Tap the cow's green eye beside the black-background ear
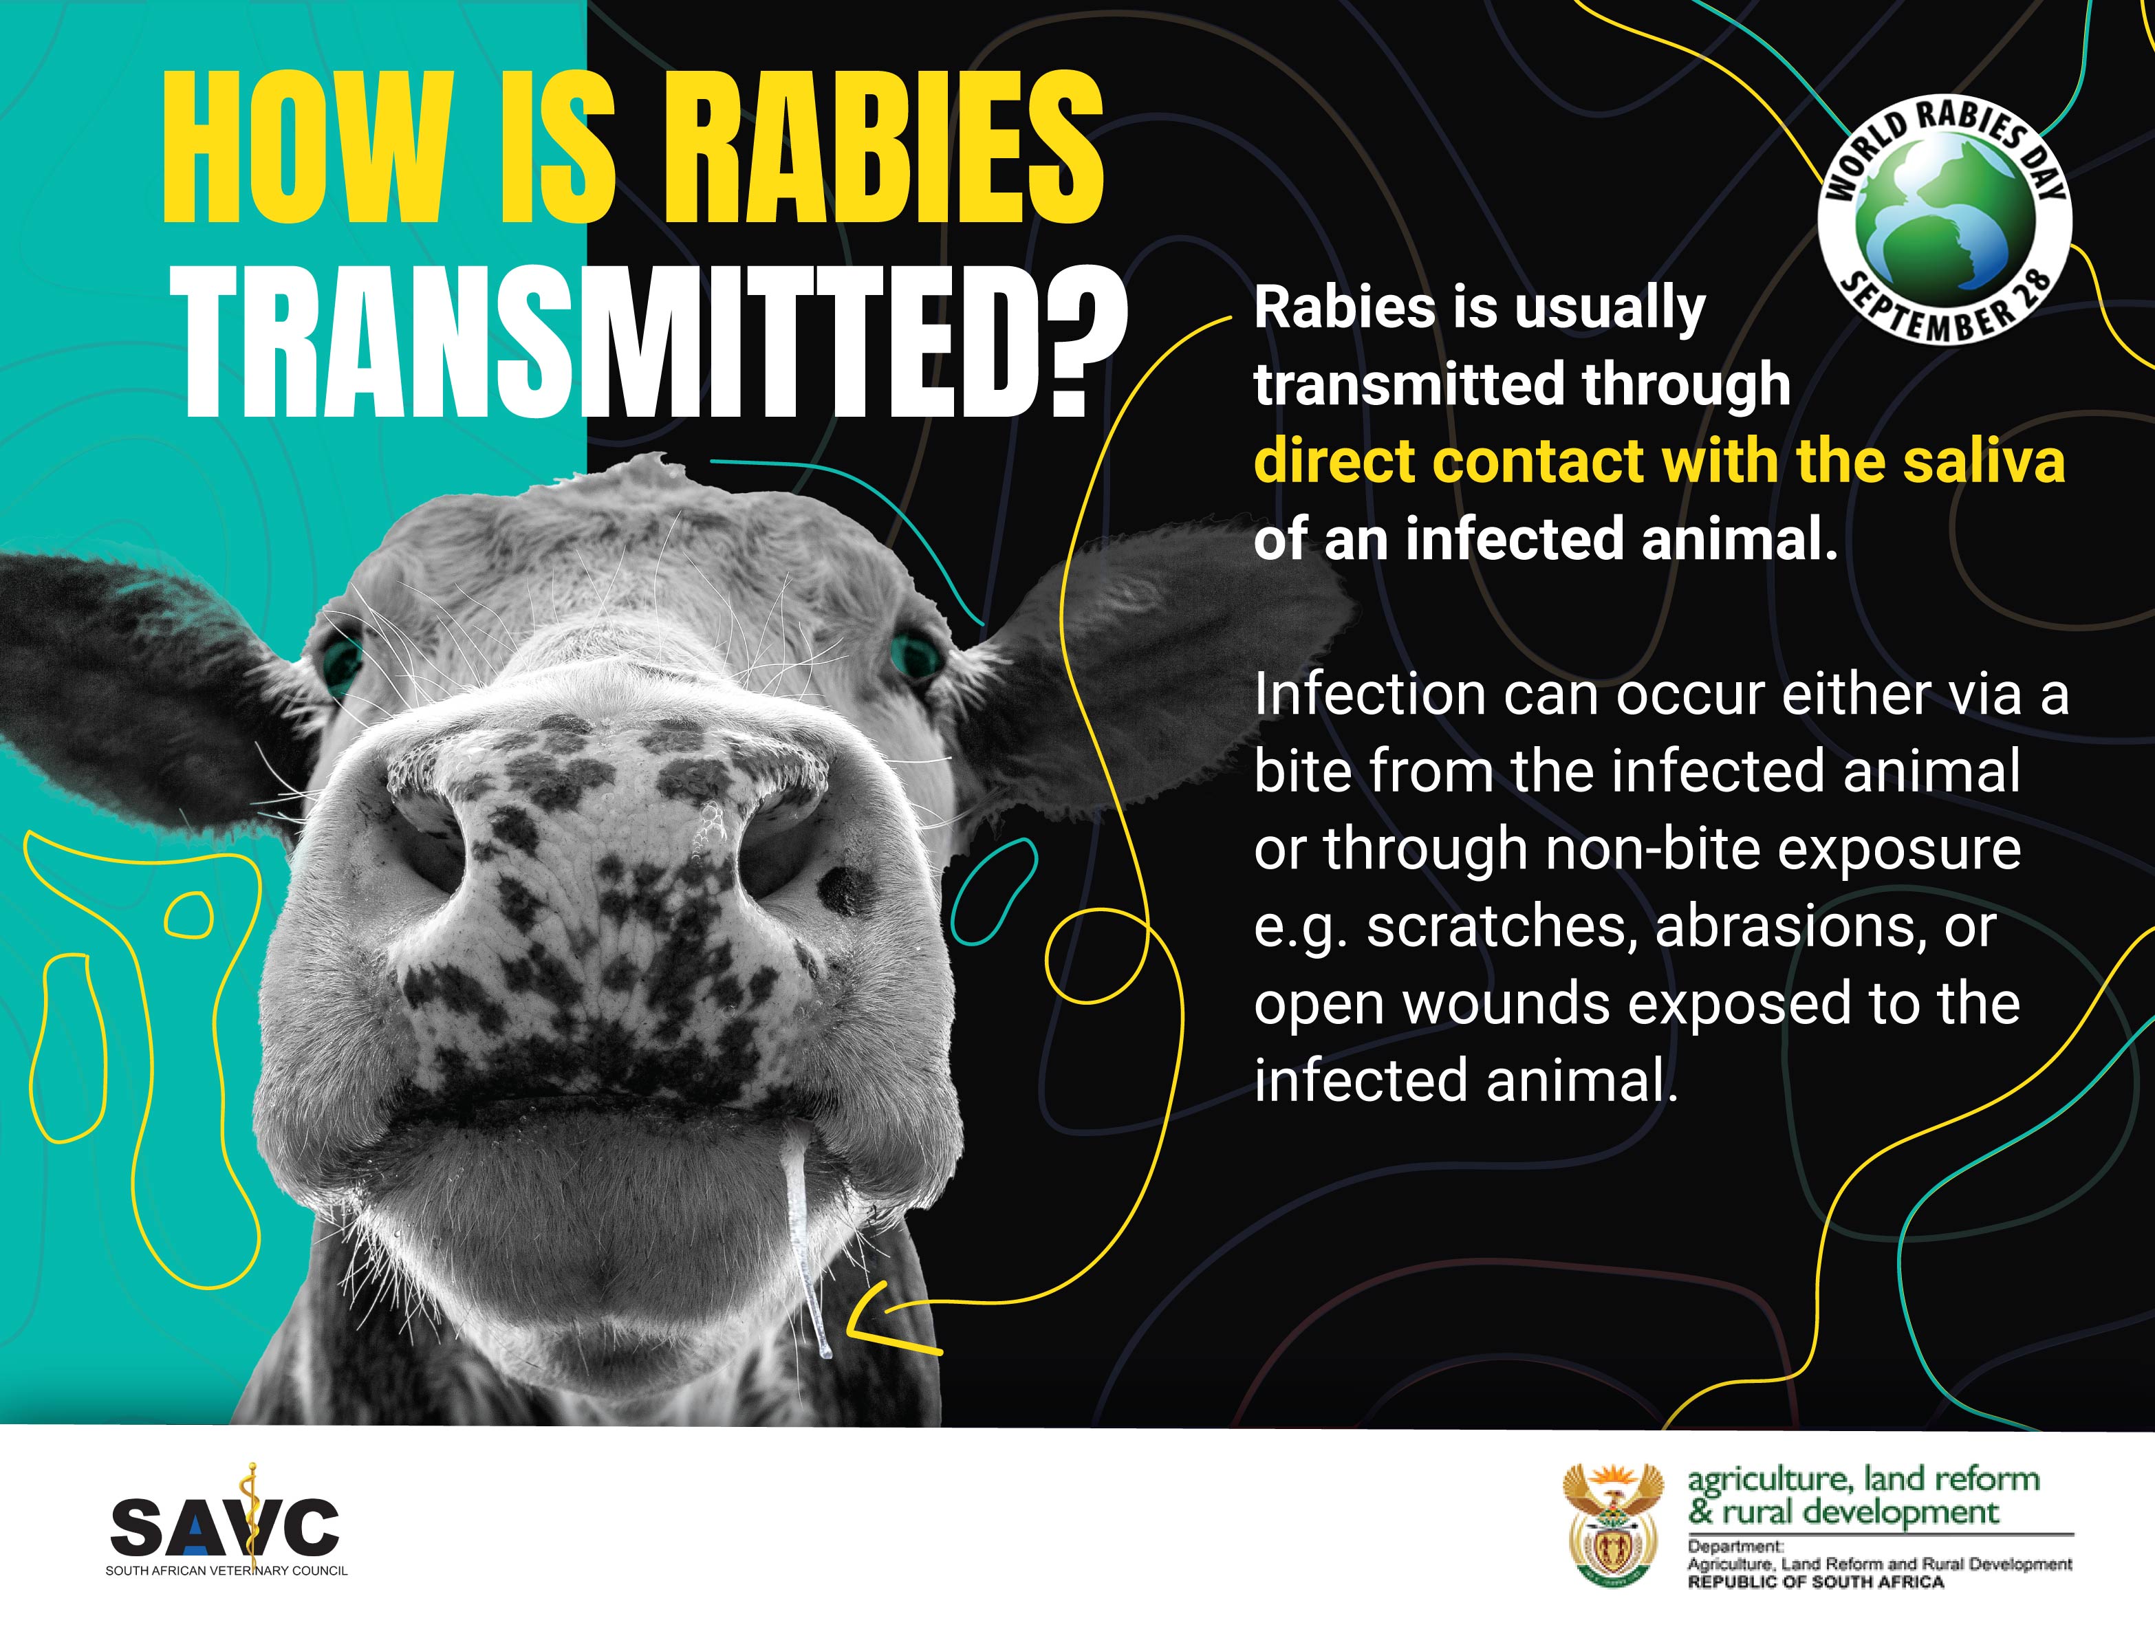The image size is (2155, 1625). click(916, 650)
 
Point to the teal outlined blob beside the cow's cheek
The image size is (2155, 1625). click(994, 891)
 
